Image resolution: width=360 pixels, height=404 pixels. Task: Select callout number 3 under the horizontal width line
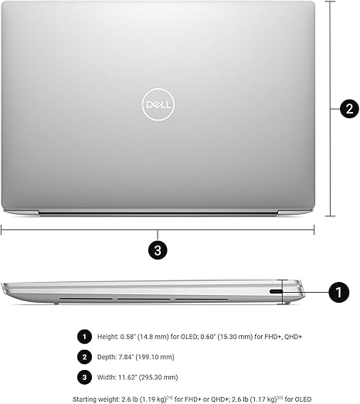[158, 250]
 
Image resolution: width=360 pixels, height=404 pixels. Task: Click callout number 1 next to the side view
[338, 291]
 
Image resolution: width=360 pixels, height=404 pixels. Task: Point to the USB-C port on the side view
[277, 291]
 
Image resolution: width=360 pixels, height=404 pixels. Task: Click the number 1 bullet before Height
[83, 336]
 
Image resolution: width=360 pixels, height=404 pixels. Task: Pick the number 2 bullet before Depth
[83, 357]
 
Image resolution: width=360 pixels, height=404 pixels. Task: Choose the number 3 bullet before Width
[83, 377]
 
